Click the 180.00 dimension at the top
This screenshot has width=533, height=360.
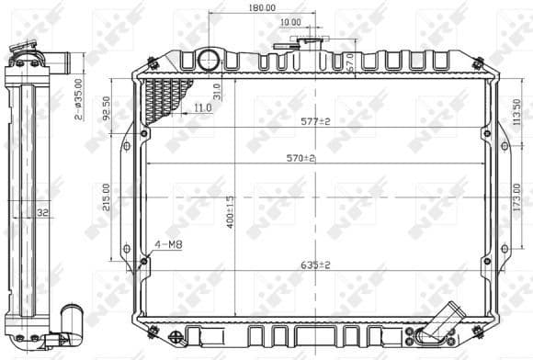[x=262, y=7]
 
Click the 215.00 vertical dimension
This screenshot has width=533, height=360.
[x=108, y=197]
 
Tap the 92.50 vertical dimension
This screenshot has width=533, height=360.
[x=108, y=108]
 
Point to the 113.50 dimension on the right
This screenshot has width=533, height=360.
[x=517, y=109]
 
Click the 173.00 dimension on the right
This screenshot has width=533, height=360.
[x=517, y=195]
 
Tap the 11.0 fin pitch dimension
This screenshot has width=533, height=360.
[x=203, y=108]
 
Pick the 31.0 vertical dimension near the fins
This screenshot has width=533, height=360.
[x=217, y=91]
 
